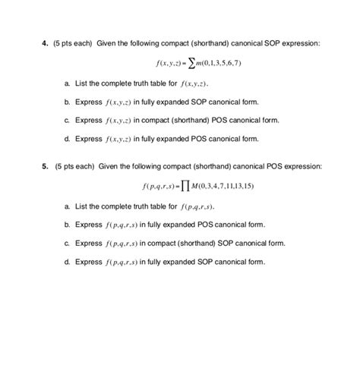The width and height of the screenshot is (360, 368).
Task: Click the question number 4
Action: click(43, 43)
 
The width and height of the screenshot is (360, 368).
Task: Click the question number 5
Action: click(43, 166)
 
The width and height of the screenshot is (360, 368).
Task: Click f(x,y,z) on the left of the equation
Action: click(163, 63)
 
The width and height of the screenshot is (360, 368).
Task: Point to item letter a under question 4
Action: click(68, 82)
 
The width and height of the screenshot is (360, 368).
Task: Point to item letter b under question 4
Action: click(68, 101)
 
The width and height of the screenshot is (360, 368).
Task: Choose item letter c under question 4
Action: click(68, 120)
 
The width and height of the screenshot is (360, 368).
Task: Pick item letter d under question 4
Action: click(68, 139)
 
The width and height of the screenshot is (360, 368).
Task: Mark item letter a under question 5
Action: click(68, 206)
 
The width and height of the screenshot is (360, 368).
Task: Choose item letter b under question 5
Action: click(68, 225)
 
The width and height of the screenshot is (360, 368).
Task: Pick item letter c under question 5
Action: click(68, 244)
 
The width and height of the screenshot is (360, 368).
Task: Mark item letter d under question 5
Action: click(68, 263)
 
